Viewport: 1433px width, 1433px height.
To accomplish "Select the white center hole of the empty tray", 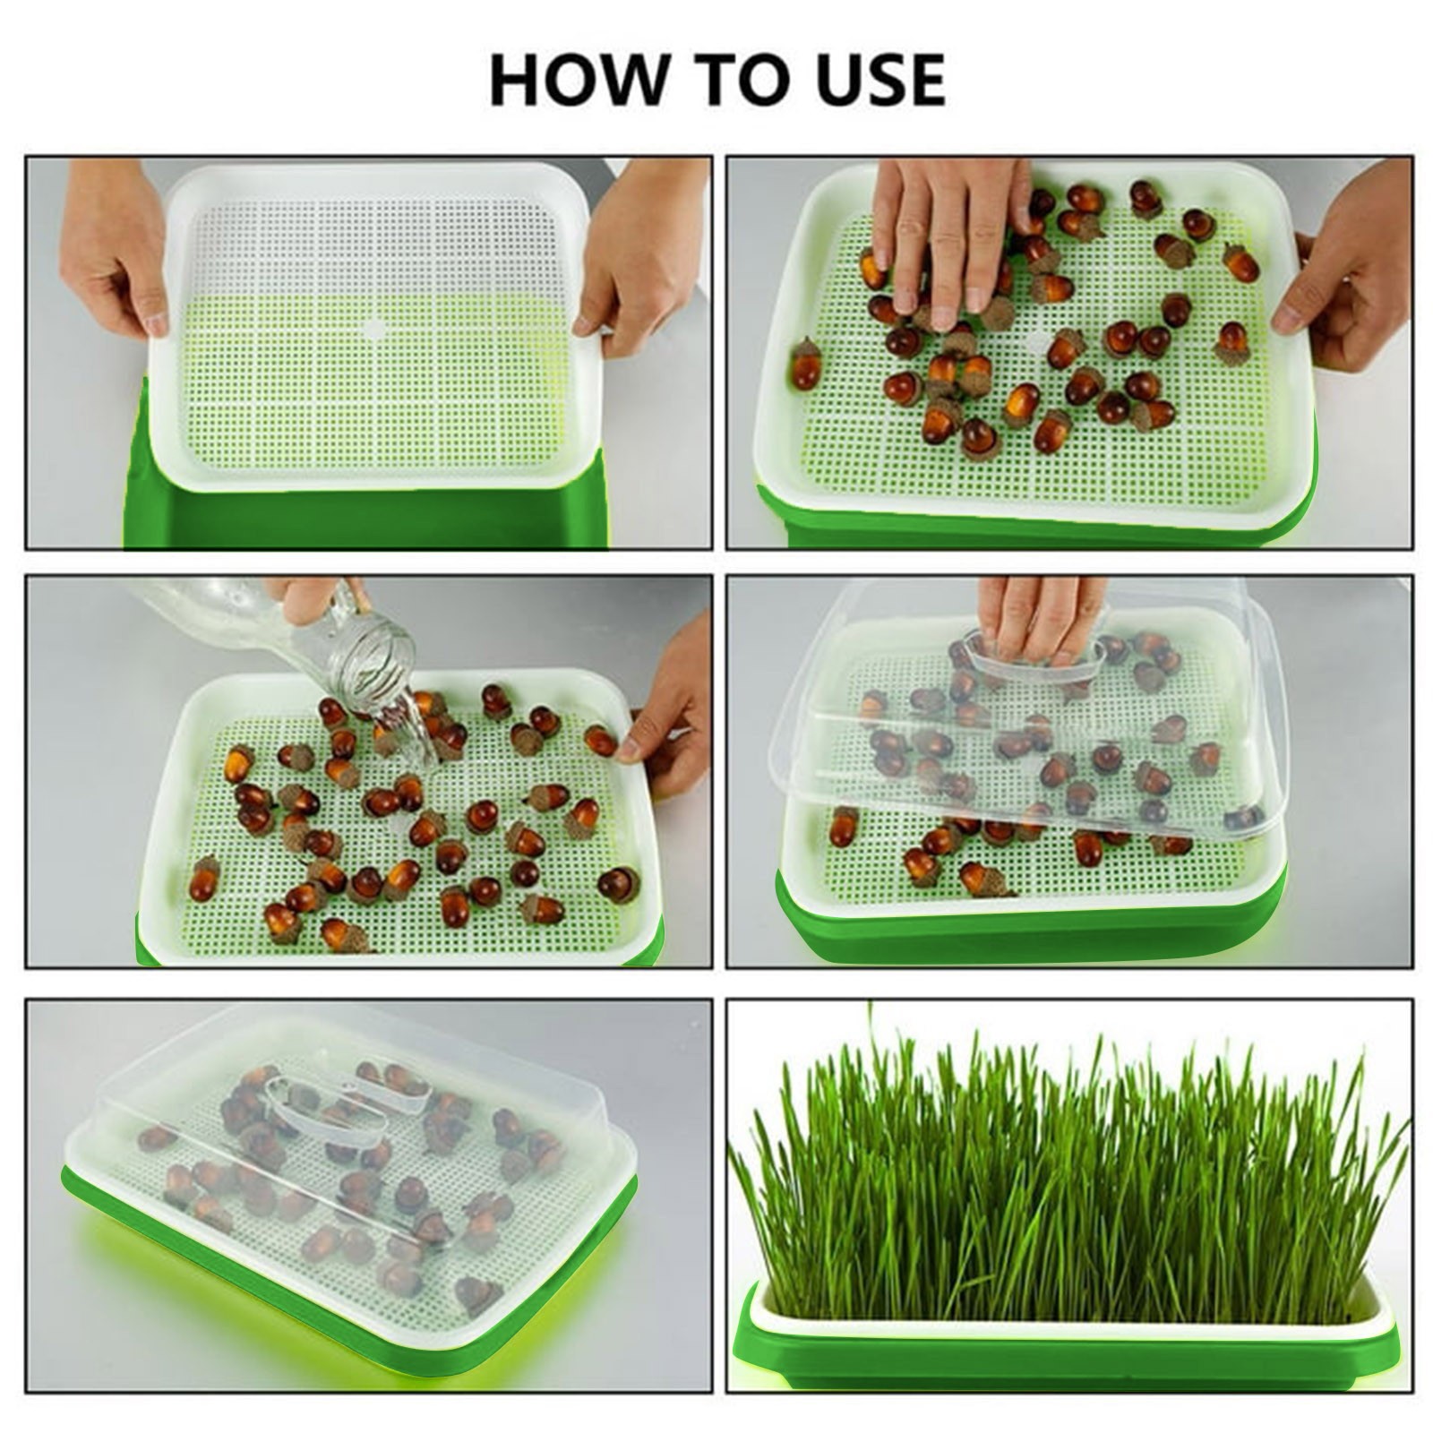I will (x=373, y=329).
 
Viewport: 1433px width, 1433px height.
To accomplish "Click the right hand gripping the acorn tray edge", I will (x=1343, y=269).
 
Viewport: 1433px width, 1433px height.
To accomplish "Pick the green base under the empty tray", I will (x=358, y=519).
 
